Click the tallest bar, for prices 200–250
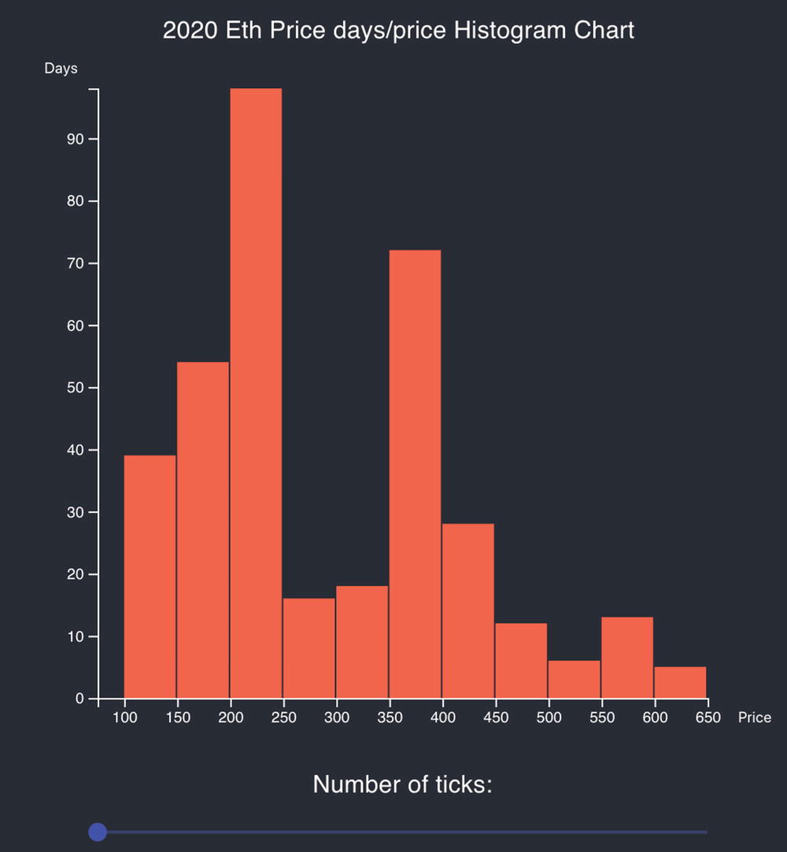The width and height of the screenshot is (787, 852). (256, 393)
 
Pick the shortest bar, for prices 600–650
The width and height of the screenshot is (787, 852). (680, 682)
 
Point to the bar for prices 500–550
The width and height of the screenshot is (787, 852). (574, 679)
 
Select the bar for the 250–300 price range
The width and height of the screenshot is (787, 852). (309, 648)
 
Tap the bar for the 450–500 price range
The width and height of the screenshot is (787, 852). (521, 661)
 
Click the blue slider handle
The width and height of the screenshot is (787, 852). (98, 832)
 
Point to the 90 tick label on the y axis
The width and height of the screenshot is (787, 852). (74, 139)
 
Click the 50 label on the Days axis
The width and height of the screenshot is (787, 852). (74, 388)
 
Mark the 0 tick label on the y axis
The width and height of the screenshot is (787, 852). (79, 699)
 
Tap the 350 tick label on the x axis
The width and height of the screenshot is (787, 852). (390, 717)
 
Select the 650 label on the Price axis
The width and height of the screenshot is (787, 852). (708, 717)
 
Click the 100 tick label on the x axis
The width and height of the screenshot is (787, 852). (124, 717)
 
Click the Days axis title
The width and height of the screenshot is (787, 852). (61, 68)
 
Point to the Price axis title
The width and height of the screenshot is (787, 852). (754, 717)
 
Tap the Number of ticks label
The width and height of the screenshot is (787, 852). (402, 784)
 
